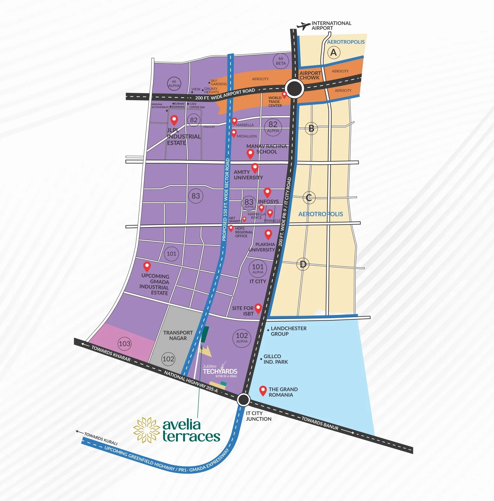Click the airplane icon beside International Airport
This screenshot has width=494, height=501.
pos(303,26)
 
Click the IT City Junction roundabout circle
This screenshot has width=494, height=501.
pos(243,400)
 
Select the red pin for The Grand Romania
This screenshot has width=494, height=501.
pos(263,391)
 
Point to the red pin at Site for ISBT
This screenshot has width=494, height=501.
pos(258,308)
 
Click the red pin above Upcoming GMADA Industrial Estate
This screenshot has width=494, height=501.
pos(147,266)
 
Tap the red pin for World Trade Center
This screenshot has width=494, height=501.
pos(284,95)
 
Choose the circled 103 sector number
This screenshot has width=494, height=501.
pos(124,344)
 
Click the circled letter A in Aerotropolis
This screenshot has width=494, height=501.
pos(333,52)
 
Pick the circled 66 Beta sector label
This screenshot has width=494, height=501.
pos(281,61)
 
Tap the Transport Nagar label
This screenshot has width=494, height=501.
pos(178,335)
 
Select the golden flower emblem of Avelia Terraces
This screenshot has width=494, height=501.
pos(146,430)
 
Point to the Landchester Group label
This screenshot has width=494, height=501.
pos(288,331)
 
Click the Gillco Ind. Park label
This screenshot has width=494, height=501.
pos(275,359)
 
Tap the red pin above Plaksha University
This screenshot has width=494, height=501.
pos(268,234)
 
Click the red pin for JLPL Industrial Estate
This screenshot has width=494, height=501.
pos(174,120)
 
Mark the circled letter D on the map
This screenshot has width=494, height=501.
pos(303,264)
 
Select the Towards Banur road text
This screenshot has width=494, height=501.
pos(320,423)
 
